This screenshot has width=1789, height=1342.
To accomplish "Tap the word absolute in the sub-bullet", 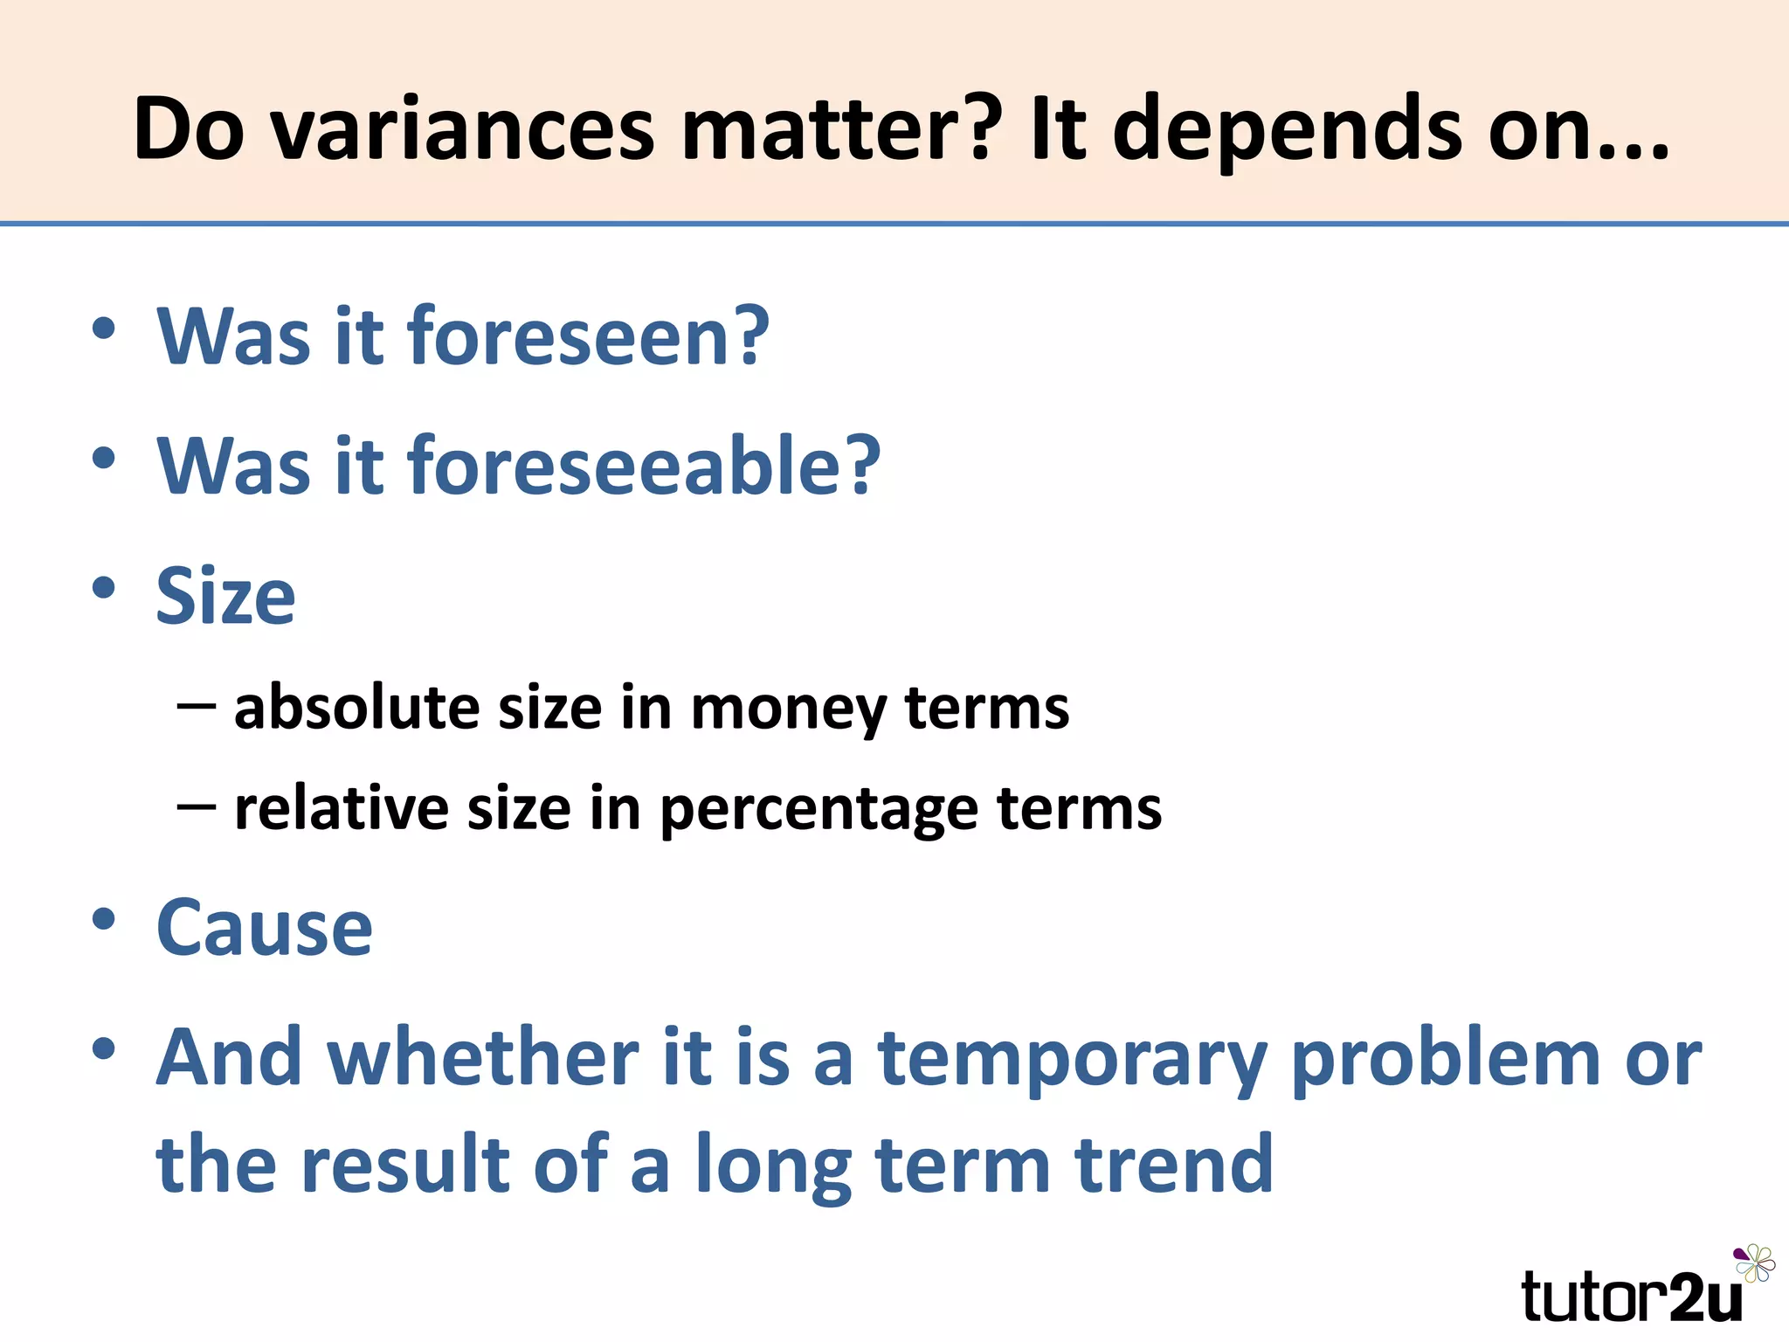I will click(356, 707).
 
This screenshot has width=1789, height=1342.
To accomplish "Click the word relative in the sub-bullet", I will click(341, 808).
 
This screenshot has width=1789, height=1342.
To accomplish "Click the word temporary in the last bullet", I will click(1072, 1059).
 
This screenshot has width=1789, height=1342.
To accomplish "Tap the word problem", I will click(1445, 1059).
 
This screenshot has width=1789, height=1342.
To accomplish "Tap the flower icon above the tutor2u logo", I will click(1754, 1263).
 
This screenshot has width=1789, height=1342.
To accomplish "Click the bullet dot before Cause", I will click(104, 919).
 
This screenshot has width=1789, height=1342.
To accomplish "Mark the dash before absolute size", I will click(196, 704).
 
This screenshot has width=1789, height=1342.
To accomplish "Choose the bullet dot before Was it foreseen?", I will click(104, 329).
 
